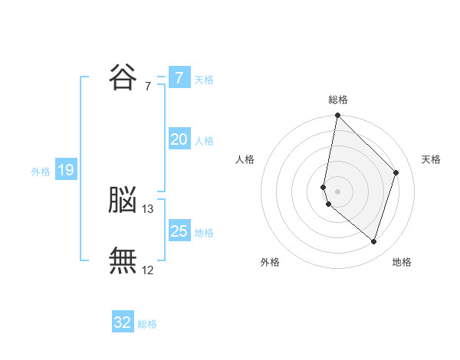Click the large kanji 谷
point(123,77)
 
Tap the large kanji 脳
point(123,199)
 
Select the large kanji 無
point(123,260)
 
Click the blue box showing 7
point(179,77)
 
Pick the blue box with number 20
point(179,139)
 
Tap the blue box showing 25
point(179,230)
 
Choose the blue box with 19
point(66,169)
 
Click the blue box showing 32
point(123,321)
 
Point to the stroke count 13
point(147,209)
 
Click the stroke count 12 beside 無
point(147,270)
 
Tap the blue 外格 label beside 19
point(41,172)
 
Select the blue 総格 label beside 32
point(147,324)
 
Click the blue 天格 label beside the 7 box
point(204,80)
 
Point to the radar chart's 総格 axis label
point(338,100)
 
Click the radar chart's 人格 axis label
point(245,159)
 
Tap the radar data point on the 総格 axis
point(337,115)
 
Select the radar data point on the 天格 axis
point(396,172)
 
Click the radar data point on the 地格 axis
point(373,241)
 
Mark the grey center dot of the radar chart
point(337,191)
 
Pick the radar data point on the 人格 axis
point(324,188)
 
